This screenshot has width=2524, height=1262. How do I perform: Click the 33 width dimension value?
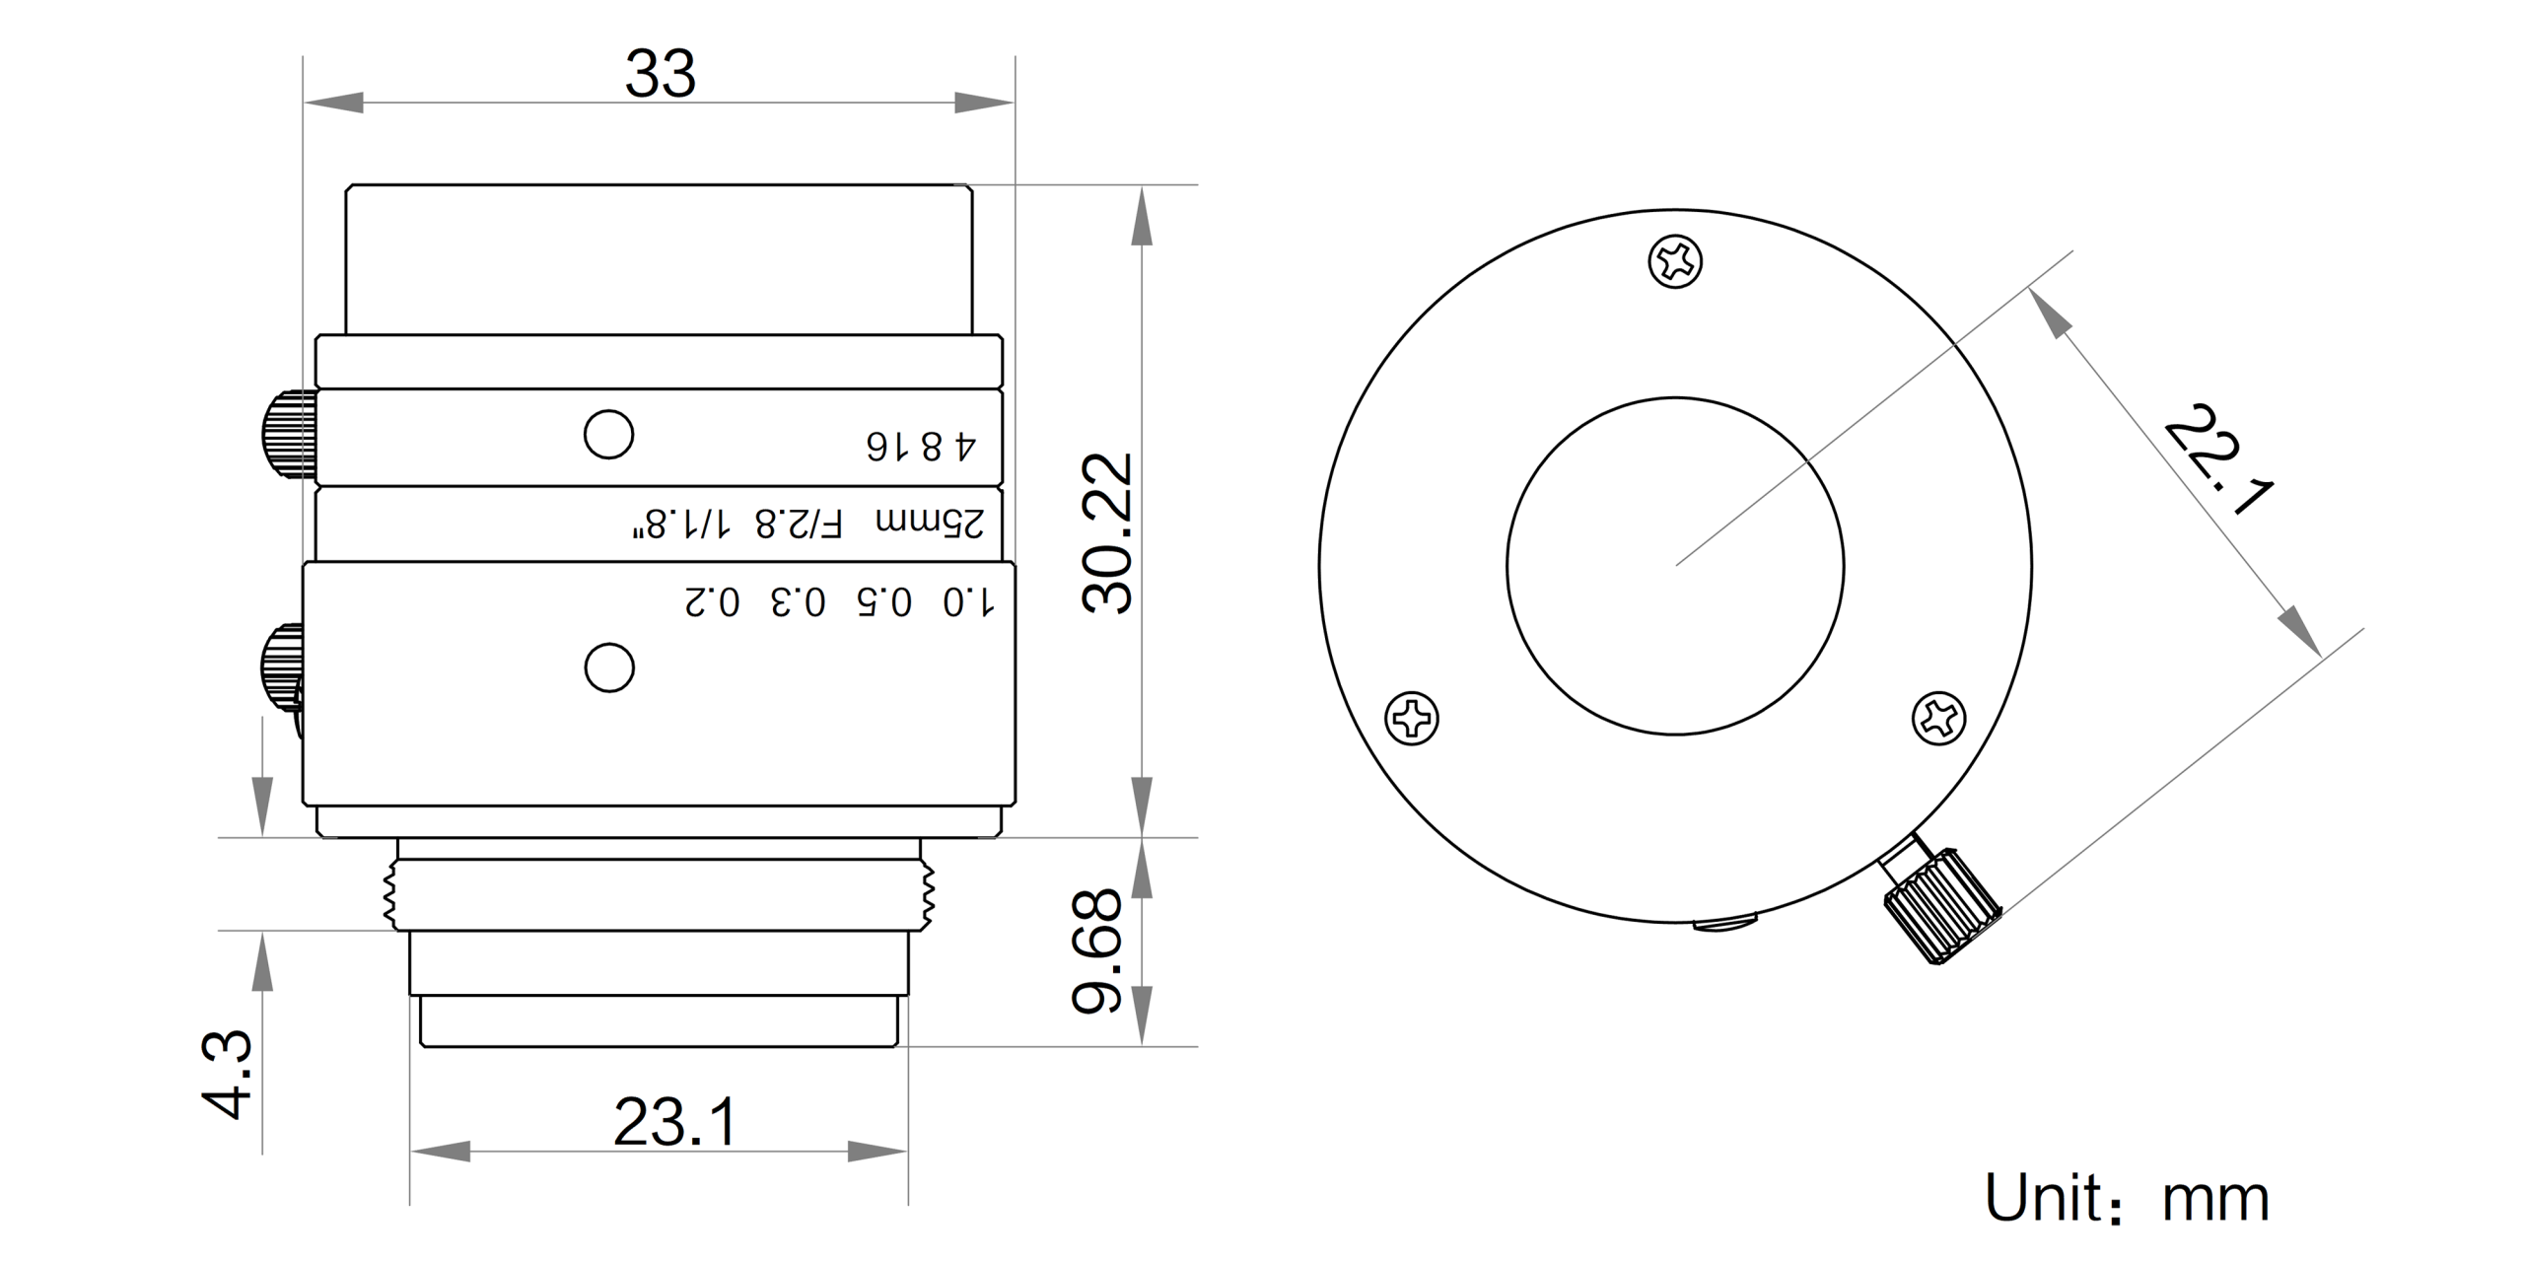(x=661, y=74)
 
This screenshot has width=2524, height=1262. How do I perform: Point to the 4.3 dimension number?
(x=228, y=1074)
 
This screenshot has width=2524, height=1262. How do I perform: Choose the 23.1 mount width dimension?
(x=675, y=1123)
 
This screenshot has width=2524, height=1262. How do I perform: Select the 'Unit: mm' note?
(x=2127, y=1199)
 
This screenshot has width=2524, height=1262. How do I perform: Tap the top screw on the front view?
(x=1675, y=261)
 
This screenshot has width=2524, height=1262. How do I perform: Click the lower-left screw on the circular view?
(x=1412, y=718)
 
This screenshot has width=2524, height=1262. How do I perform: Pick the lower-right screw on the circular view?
(x=1938, y=717)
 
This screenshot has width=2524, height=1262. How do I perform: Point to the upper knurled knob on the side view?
(x=288, y=435)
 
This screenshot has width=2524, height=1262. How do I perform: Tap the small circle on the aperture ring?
(x=608, y=435)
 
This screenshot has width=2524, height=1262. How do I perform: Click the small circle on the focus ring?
(x=609, y=668)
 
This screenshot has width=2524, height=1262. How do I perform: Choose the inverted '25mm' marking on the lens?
(x=930, y=523)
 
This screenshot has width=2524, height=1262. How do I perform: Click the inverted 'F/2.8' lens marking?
(x=799, y=524)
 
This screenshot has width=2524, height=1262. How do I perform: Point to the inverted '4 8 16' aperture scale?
(x=921, y=446)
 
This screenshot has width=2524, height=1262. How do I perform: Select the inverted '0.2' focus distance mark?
(x=712, y=601)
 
